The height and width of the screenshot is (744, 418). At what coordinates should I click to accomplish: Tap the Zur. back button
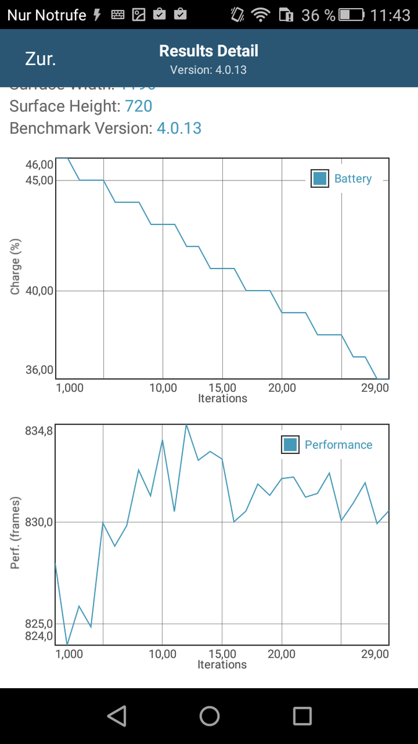click(x=40, y=60)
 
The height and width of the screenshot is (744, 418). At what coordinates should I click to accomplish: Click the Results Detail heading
click(x=209, y=51)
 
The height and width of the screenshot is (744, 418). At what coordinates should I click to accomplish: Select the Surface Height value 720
click(x=139, y=107)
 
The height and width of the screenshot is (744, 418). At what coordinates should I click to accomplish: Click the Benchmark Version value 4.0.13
click(x=179, y=128)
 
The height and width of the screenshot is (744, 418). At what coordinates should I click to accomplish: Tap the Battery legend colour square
click(x=320, y=179)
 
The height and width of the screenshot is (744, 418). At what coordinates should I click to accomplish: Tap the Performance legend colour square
click(x=290, y=445)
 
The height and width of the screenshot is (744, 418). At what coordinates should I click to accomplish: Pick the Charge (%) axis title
click(x=15, y=267)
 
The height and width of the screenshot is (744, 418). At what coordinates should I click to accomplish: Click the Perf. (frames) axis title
click(x=15, y=533)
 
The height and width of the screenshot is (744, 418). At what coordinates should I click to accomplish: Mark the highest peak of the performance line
click(x=186, y=425)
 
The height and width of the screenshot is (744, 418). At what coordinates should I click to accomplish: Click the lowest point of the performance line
click(x=67, y=645)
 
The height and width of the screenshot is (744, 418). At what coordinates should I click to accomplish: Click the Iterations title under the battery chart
click(x=222, y=399)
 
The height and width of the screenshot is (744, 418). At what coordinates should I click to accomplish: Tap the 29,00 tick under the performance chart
click(x=375, y=654)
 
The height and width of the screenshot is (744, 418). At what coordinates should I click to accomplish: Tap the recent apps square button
click(x=302, y=716)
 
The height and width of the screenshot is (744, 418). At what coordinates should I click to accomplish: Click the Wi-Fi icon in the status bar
click(x=261, y=15)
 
